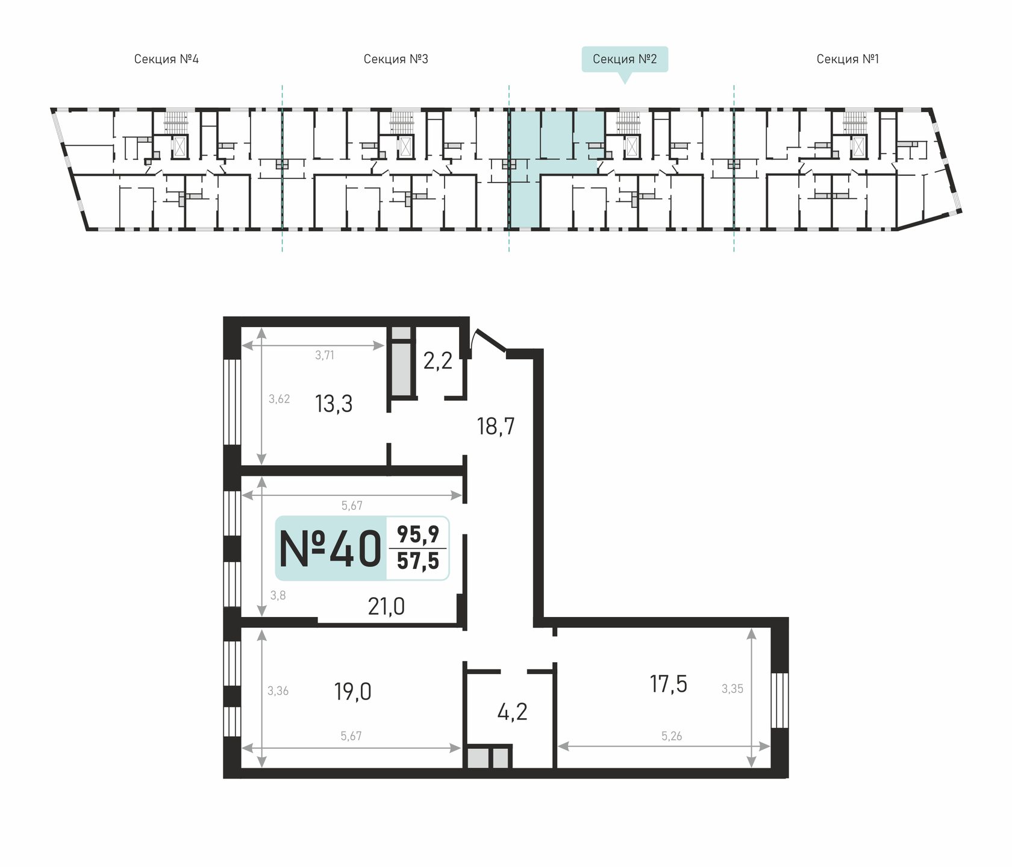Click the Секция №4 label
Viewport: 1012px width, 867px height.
coord(166,59)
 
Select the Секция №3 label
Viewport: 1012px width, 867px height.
coord(396,59)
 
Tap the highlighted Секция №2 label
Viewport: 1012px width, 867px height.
coord(625,59)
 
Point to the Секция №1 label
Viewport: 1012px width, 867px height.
coord(848,59)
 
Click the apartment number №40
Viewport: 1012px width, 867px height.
coord(331,549)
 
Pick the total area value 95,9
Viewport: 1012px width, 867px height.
coord(418,534)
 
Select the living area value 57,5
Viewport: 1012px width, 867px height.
coord(418,561)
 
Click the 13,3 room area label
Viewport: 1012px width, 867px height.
coord(334,404)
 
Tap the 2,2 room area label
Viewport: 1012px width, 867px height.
coord(438,361)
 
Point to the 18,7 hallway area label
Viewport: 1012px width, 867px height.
coord(496,427)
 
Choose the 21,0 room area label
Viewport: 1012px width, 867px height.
coord(386,606)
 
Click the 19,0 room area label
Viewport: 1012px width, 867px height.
coord(353,692)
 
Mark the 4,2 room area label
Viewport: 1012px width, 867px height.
coord(513,712)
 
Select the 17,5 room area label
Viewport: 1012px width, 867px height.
coord(669,684)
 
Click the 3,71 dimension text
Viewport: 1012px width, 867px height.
coord(325,355)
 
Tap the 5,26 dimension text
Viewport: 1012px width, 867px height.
coord(672,736)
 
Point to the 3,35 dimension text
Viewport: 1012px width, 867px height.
coord(732,689)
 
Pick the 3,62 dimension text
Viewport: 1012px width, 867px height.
coord(280,399)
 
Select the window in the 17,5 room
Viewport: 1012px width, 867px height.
coord(779,701)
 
